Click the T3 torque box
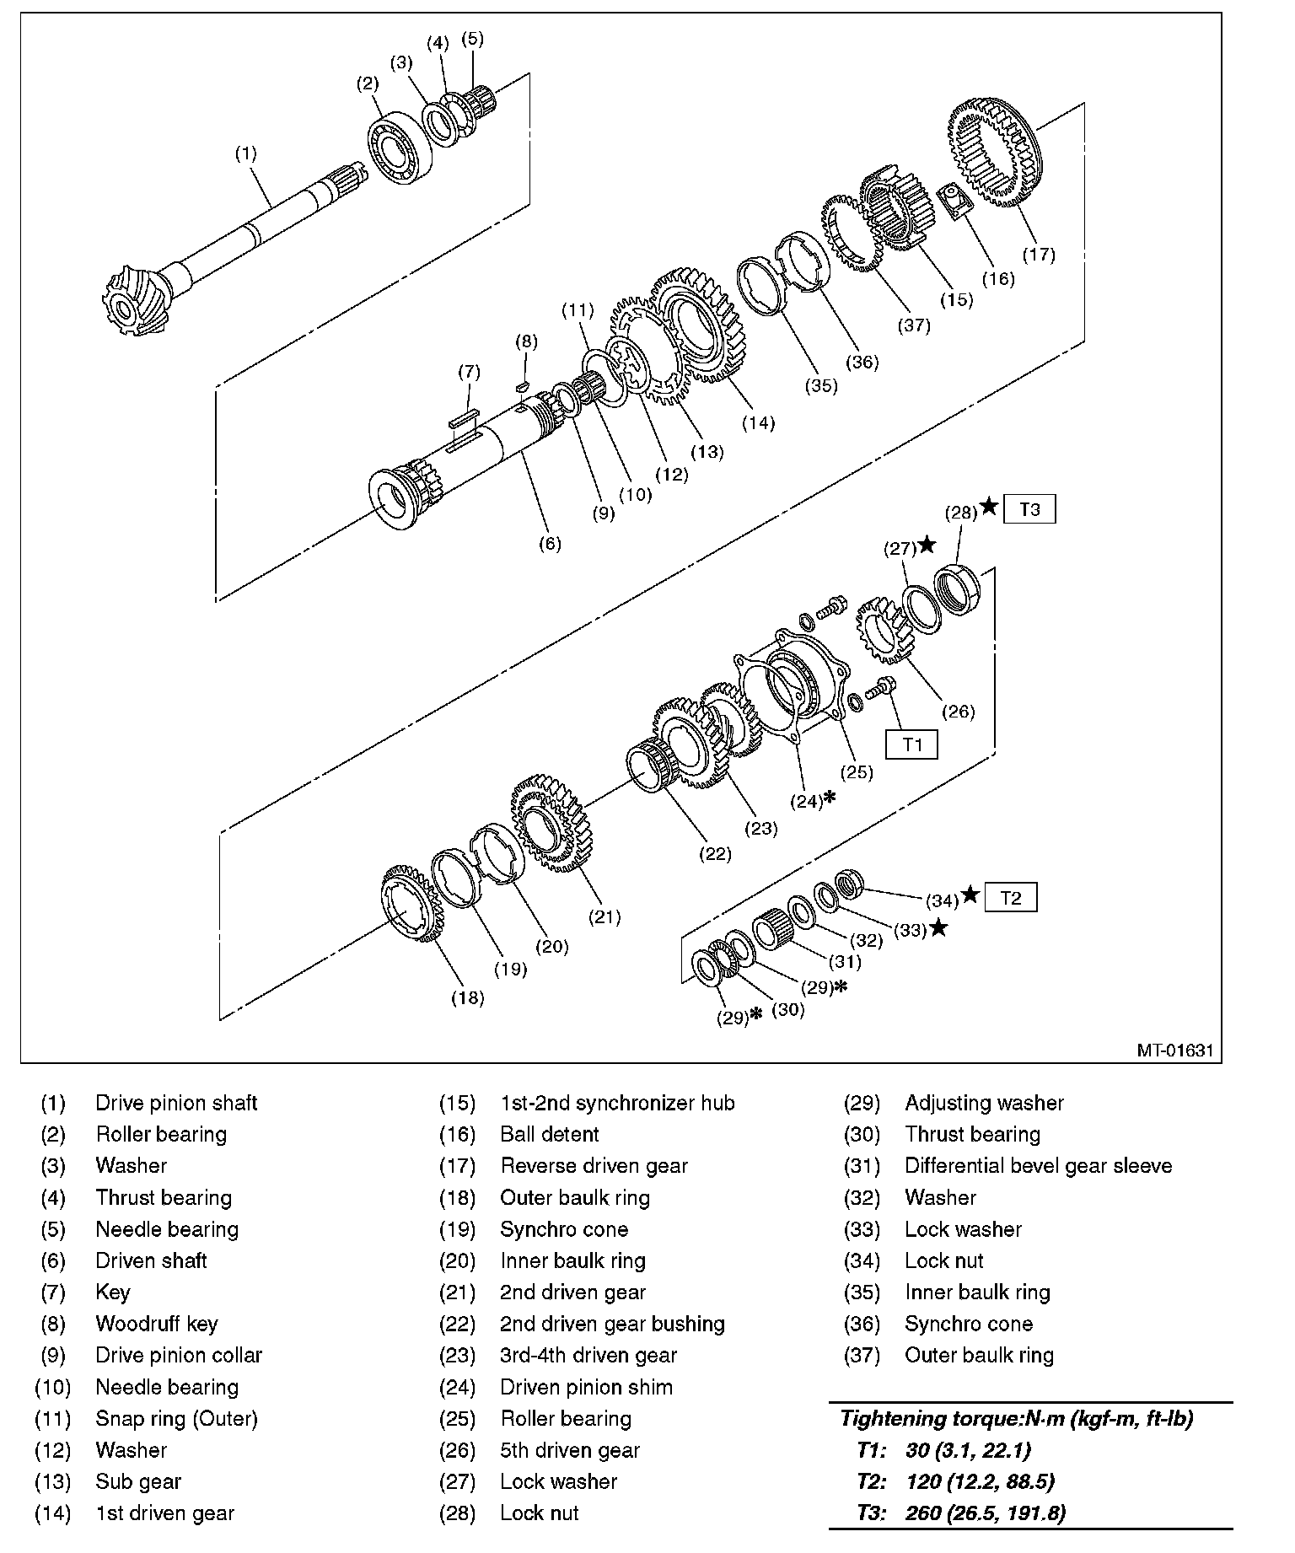coord(1029,509)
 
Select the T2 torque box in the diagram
coord(1010,898)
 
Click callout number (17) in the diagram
coord(1039,254)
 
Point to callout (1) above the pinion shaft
coord(245,153)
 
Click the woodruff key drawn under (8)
coord(522,384)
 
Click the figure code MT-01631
coord(1174,1051)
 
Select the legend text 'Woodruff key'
coord(157,1324)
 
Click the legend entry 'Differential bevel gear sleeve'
coord(1038,1166)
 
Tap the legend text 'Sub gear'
coord(138,1481)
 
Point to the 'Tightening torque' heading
coord(1017,1419)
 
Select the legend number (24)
coord(457,1387)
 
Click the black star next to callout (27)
coord(927,545)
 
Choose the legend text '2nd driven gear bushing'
coord(612,1324)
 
